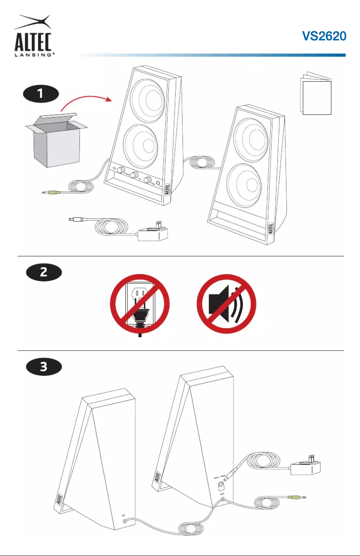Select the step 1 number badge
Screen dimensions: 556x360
pos(41,94)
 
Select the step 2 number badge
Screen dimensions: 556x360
pos(41,272)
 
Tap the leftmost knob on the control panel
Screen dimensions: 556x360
pos(120,172)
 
